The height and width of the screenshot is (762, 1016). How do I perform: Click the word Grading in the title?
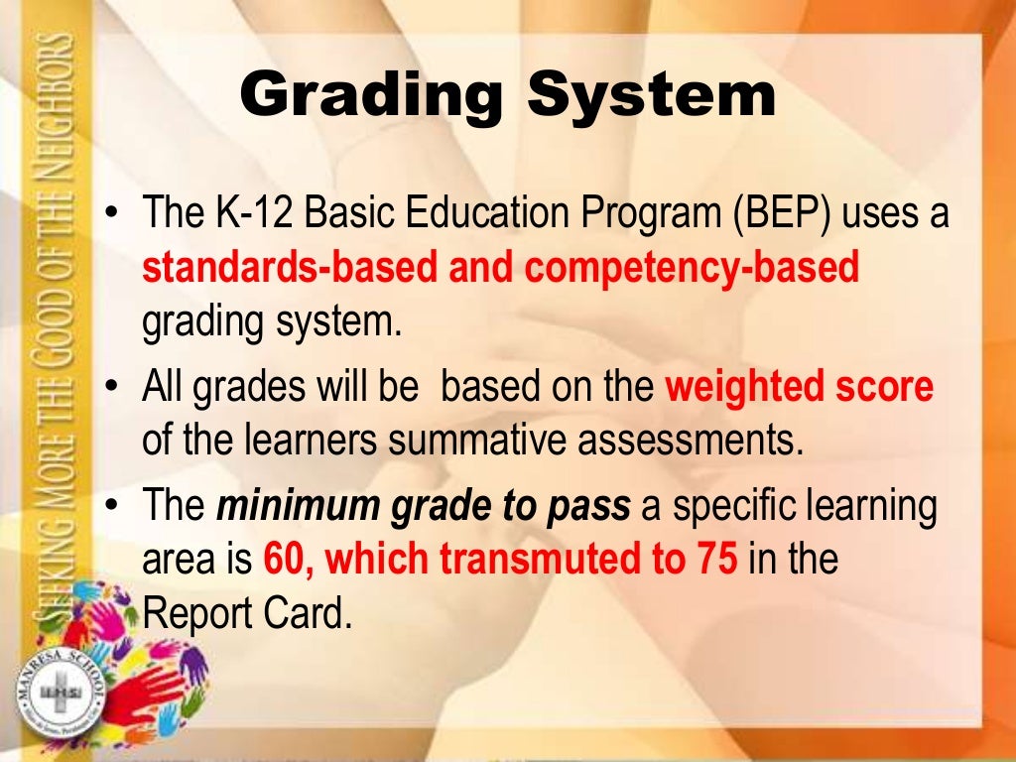pos(372,97)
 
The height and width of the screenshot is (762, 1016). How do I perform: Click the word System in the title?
pos(651,97)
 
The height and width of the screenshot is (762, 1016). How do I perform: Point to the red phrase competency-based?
pos(692,269)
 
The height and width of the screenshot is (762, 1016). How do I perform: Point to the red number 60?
pos(286,561)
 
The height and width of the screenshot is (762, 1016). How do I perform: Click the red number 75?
pos(711,561)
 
